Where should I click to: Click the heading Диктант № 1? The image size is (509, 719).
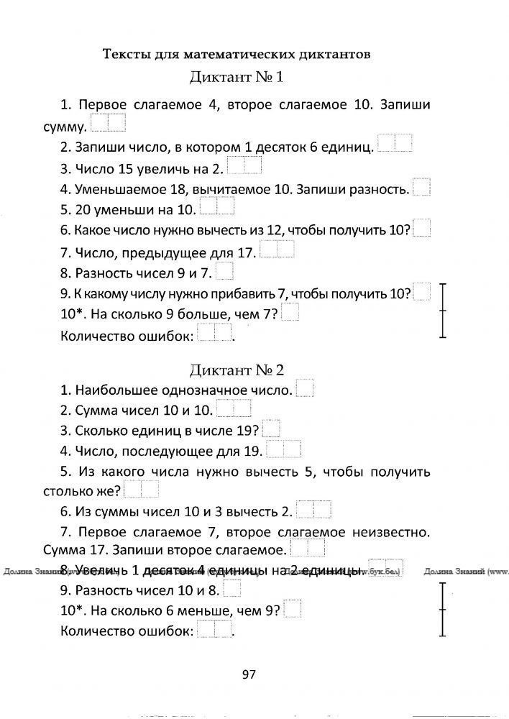coord(237,78)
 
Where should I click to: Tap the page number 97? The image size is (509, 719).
coord(249,674)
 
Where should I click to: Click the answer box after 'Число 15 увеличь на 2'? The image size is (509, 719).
coord(244,166)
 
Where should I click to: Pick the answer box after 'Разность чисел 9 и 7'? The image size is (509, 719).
coord(224,271)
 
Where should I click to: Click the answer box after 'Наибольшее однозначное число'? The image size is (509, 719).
coord(304,388)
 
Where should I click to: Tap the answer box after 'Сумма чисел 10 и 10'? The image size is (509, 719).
coord(234,409)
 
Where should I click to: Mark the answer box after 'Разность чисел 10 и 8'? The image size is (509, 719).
coord(232,590)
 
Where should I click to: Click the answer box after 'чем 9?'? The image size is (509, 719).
coord(293,610)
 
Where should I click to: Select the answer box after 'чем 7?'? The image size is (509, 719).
coord(290,313)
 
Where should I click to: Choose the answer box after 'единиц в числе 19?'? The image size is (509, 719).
coord(271,429)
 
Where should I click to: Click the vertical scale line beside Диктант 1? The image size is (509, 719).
coord(444,310)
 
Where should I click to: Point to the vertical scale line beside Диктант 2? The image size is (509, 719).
coord(444,609)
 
